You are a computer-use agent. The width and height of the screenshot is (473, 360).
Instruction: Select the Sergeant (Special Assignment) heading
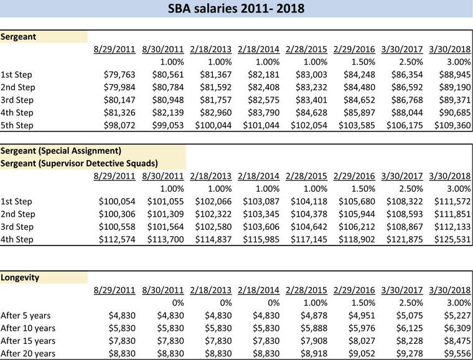(60, 151)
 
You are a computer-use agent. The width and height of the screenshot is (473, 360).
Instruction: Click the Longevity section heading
(21, 278)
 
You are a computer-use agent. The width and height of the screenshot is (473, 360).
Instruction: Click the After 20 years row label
(28, 353)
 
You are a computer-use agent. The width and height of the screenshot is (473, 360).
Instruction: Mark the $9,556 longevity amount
(456, 353)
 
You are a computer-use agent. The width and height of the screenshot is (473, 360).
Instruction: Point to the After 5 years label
(26, 315)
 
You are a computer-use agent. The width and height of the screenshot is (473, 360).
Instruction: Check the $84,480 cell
(355, 87)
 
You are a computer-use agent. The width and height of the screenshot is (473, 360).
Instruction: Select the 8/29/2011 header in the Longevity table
(115, 290)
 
